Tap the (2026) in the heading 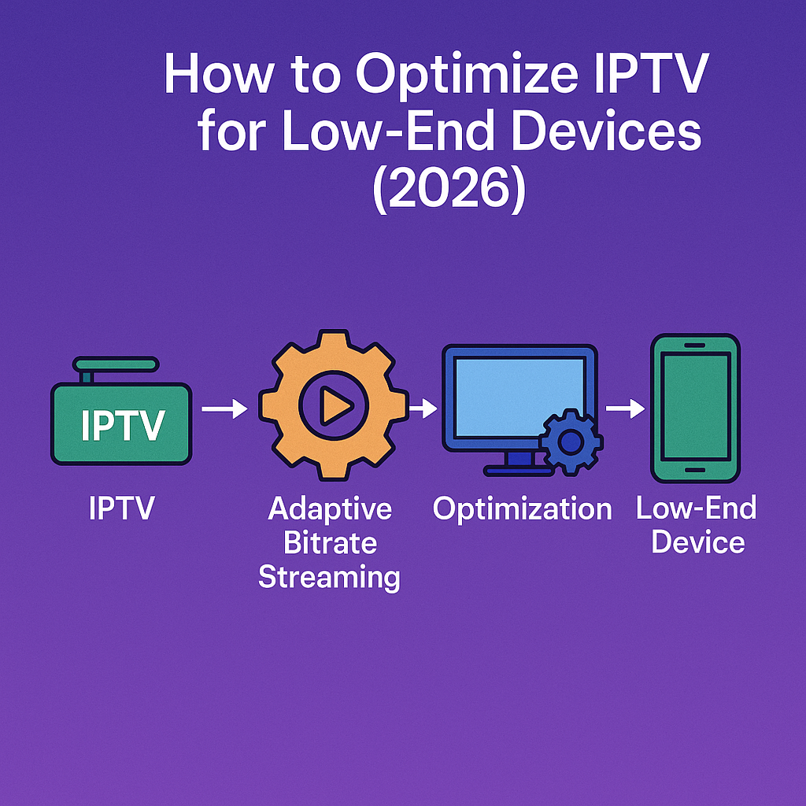(x=448, y=189)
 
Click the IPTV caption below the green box (x=122, y=508)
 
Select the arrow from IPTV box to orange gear (x=224, y=409)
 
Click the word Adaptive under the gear (x=330, y=508)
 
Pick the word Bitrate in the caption (x=330, y=543)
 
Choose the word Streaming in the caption (x=330, y=578)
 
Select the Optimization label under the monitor (x=523, y=508)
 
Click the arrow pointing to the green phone (x=625, y=409)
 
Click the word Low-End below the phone (x=696, y=508)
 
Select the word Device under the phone (x=698, y=542)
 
